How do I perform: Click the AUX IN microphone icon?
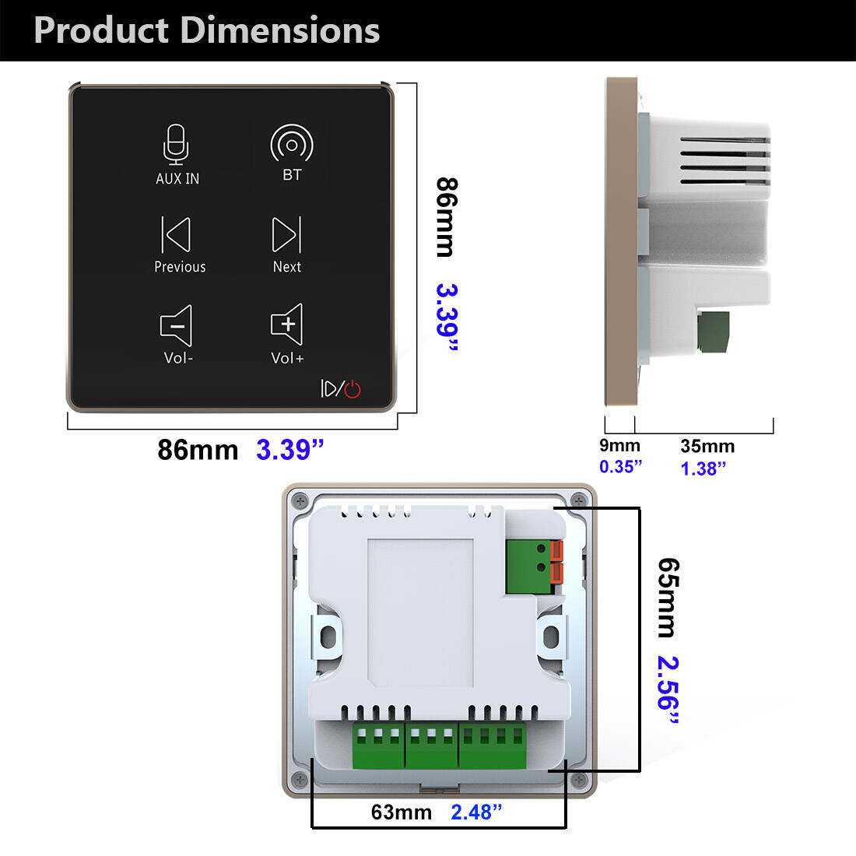[x=177, y=145]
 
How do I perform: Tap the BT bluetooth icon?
[x=292, y=145]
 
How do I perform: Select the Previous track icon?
[x=177, y=234]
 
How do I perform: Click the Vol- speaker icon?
[x=177, y=325]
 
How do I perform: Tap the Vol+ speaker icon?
[x=286, y=324]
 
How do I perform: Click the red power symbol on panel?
[x=353, y=388]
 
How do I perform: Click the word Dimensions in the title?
[x=280, y=30]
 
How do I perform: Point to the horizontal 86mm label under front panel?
[x=198, y=450]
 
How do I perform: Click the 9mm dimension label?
[x=619, y=446]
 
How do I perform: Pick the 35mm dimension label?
[x=707, y=446]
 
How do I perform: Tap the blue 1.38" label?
[x=703, y=468]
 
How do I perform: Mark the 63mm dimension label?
[x=401, y=812]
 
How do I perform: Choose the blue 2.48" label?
[x=476, y=812]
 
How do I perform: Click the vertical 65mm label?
[x=668, y=597]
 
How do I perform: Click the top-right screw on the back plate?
[x=577, y=500]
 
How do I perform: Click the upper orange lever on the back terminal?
[x=557, y=550]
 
